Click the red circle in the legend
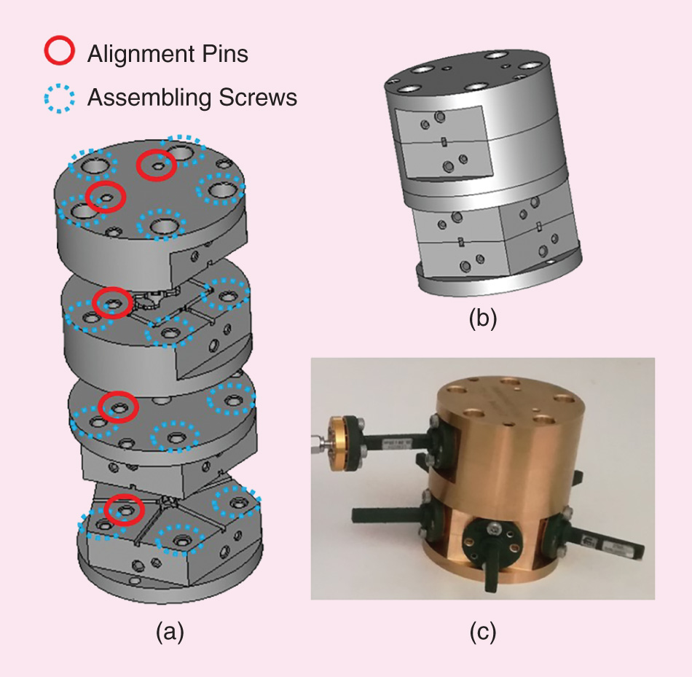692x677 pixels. [x=59, y=51]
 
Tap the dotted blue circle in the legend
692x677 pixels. [x=59, y=96]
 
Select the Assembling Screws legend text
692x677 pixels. [x=192, y=97]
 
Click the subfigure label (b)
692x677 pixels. [x=482, y=319]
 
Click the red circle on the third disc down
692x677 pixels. [x=117, y=407]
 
